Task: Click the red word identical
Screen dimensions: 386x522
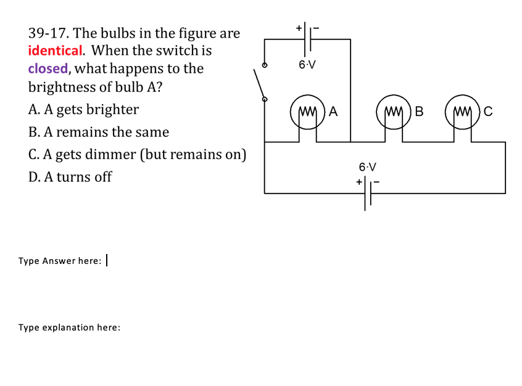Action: (x=55, y=51)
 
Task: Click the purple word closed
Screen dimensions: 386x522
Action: (x=48, y=68)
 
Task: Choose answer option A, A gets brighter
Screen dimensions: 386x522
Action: (x=83, y=110)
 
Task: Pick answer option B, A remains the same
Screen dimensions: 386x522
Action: (x=98, y=132)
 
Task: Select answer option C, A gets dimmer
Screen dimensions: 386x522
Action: (x=137, y=154)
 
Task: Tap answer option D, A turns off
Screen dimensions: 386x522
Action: (x=70, y=177)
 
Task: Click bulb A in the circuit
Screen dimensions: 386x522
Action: (x=309, y=112)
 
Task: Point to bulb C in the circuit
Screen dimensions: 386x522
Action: (x=463, y=112)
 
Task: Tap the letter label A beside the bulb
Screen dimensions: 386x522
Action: (x=333, y=112)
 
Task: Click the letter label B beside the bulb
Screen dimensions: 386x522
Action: (x=420, y=112)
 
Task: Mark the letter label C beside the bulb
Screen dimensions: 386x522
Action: (x=488, y=112)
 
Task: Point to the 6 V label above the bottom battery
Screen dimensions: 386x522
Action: (x=367, y=166)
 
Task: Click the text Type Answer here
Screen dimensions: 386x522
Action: (x=59, y=261)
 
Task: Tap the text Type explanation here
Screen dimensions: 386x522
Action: (x=69, y=327)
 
